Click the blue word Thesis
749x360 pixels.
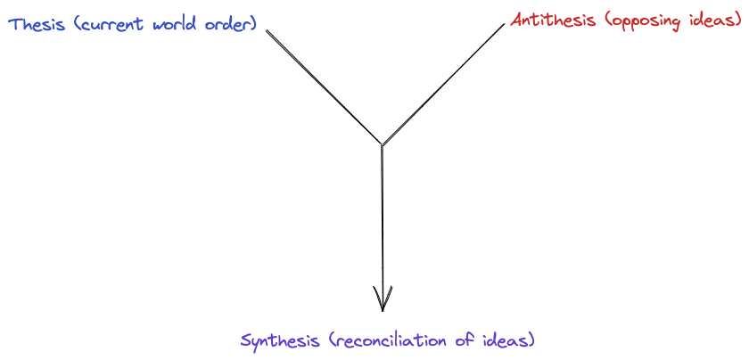[x=37, y=25]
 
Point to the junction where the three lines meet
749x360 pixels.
[x=382, y=144]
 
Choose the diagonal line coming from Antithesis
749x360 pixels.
[x=443, y=83]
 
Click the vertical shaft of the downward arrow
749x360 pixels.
[x=383, y=223]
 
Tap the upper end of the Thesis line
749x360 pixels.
[x=267, y=31]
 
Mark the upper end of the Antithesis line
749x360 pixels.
[x=504, y=24]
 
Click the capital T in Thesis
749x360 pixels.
[x=14, y=24]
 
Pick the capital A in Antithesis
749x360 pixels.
[x=517, y=20]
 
